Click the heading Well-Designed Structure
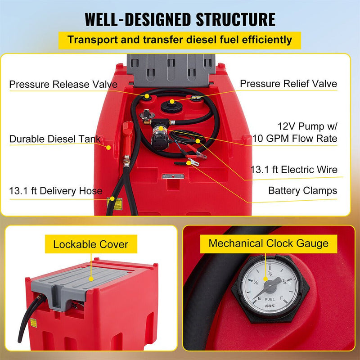[x=180, y=19]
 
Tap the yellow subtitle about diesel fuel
[x=180, y=40]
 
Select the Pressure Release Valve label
[x=63, y=84]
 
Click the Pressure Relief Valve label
[x=288, y=84]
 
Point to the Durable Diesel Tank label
[x=55, y=139]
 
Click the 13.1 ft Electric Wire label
[x=294, y=170]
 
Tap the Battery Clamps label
[x=302, y=191]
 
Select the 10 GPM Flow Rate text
[x=295, y=138]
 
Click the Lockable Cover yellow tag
[x=90, y=245]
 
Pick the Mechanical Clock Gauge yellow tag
[x=268, y=244]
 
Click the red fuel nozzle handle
[x=128, y=135]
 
